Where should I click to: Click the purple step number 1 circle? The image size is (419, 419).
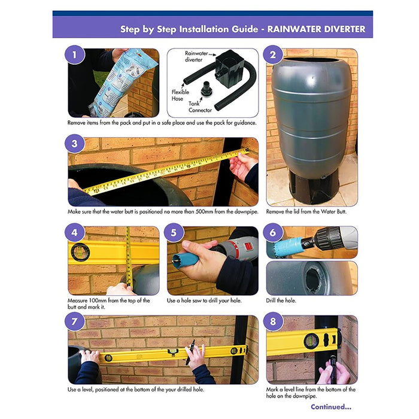tap(74, 56)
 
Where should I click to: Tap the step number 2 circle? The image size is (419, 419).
tap(273, 56)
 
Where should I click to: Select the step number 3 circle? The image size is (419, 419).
tap(74, 144)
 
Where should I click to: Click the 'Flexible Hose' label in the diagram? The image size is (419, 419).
tap(181, 96)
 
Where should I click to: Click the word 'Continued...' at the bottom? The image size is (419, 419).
tap(330, 407)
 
